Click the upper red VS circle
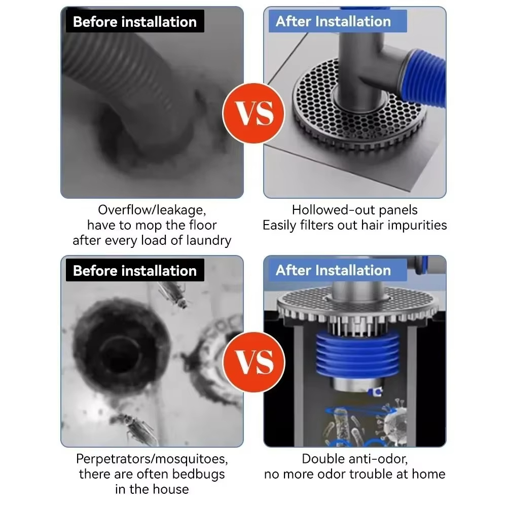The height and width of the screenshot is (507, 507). pyautogui.click(x=254, y=113)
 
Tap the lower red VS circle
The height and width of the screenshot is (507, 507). pyautogui.click(x=254, y=362)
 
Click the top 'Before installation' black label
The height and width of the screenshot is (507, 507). pyautogui.click(x=135, y=21)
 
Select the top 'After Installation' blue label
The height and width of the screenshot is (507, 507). pyautogui.click(x=338, y=21)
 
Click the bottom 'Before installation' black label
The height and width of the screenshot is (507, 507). pyautogui.click(x=135, y=270)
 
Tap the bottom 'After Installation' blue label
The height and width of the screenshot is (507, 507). pyautogui.click(x=338, y=270)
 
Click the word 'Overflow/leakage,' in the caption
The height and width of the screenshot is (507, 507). pyautogui.click(x=152, y=210)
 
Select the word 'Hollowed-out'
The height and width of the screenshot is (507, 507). pyautogui.click(x=333, y=210)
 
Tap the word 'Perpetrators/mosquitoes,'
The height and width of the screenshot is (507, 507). pyautogui.click(x=152, y=459)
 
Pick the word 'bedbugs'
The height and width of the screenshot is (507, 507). pyautogui.click(x=198, y=474)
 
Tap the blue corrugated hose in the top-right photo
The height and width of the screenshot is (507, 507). pyautogui.click(x=423, y=78)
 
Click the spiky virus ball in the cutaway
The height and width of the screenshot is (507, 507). pyautogui.click(x=395, y=420)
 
